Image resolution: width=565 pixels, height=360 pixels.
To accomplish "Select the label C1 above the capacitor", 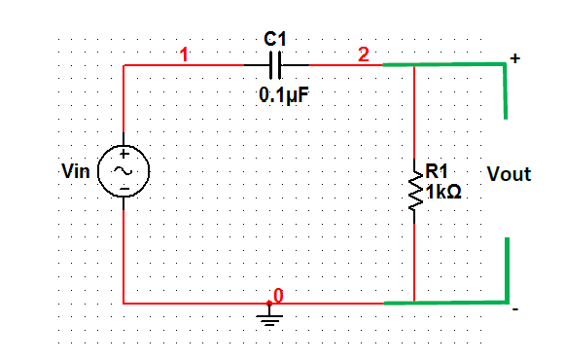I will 275,40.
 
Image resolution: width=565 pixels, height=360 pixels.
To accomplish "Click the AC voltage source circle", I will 124,170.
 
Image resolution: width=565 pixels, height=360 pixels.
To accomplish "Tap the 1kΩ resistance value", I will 443,192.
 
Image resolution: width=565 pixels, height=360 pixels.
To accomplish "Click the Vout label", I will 509,175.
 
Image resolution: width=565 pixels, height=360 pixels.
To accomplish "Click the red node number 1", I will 185,54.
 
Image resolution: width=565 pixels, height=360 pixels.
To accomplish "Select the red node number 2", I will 363,54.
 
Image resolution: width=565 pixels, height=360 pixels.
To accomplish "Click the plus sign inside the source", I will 124,155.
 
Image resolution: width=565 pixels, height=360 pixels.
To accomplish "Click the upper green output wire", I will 447,65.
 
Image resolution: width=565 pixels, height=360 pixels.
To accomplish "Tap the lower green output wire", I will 447,302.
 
